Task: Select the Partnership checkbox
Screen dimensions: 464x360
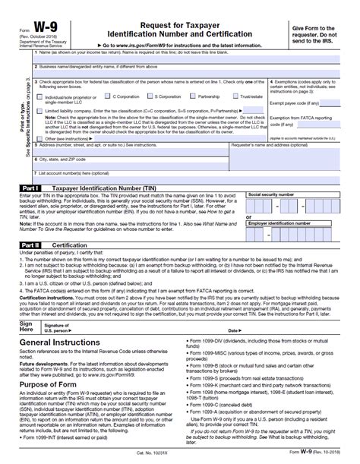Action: tap(193, 97)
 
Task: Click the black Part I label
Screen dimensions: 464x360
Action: tap(27, 187)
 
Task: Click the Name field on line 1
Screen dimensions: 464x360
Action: tap(182, 58)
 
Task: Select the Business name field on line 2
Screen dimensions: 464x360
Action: tap(182, 73)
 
